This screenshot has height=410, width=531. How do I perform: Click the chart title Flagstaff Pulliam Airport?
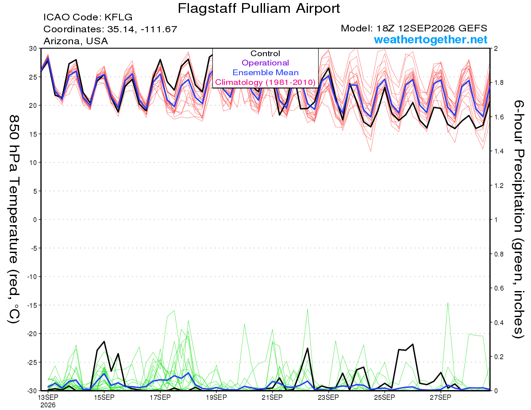point(258,8)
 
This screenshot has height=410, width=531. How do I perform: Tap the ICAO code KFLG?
point(119,17)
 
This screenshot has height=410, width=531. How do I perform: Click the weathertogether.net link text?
point(431,39)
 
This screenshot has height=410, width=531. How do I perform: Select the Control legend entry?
point(265,54)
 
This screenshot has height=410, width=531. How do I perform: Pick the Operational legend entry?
point(265,63)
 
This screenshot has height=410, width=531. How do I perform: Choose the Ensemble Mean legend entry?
point(265,73)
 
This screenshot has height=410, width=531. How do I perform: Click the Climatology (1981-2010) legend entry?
point(265,82)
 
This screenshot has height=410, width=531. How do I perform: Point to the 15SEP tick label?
point(104,397)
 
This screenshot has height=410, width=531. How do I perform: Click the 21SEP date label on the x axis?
point(272,397)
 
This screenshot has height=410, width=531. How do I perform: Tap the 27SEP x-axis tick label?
point(440,397)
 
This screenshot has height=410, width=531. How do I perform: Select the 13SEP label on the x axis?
point(48,397)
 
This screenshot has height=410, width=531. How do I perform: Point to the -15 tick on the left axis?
point(32,305)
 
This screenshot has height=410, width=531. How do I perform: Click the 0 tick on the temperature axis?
point(35,219)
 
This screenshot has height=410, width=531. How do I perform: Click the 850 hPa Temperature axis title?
point(14,219)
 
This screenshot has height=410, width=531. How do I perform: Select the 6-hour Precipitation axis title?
point(518,219)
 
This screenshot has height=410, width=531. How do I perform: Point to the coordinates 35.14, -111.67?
point(142,29)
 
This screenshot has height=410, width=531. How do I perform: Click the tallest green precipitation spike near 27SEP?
point(448,303)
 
